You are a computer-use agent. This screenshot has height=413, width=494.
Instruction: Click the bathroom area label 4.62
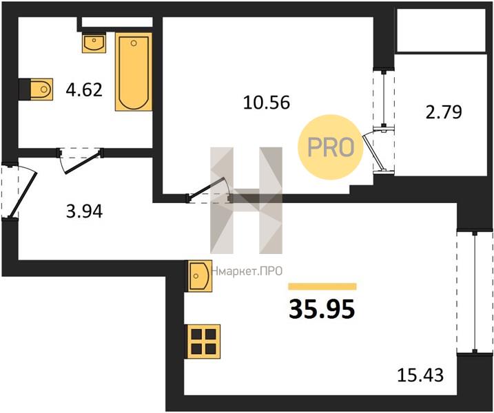[84, 90]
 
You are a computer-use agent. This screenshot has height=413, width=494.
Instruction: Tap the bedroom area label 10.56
[267, 103]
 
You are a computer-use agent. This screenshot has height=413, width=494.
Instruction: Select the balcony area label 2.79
[444, 112]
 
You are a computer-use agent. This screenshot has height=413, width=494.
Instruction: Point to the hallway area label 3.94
[85, 211]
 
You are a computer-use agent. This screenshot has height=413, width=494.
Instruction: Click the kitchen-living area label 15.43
[420, 375]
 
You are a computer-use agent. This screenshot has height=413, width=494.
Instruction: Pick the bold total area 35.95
[322, 309]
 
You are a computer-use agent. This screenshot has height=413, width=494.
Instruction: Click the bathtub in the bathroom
[134, 72]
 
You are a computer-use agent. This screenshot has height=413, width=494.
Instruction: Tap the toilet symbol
[41, 89]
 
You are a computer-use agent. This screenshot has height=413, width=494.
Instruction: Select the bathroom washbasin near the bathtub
[94, 43]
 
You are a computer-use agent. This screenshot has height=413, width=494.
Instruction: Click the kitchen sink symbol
[200, 276]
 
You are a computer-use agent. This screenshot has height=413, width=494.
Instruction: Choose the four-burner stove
[203, 341]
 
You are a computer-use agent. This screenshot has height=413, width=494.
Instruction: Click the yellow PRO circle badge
[331, 147]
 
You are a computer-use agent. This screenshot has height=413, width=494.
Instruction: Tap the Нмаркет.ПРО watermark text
[247, 271]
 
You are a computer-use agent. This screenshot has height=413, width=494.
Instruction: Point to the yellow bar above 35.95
[322, 286]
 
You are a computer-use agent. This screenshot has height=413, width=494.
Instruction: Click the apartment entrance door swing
[23, 193]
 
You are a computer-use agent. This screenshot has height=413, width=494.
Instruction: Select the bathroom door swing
[83, 162]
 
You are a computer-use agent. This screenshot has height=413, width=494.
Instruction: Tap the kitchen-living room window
[475, 293]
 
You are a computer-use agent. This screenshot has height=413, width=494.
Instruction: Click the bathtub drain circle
[134, 43]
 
